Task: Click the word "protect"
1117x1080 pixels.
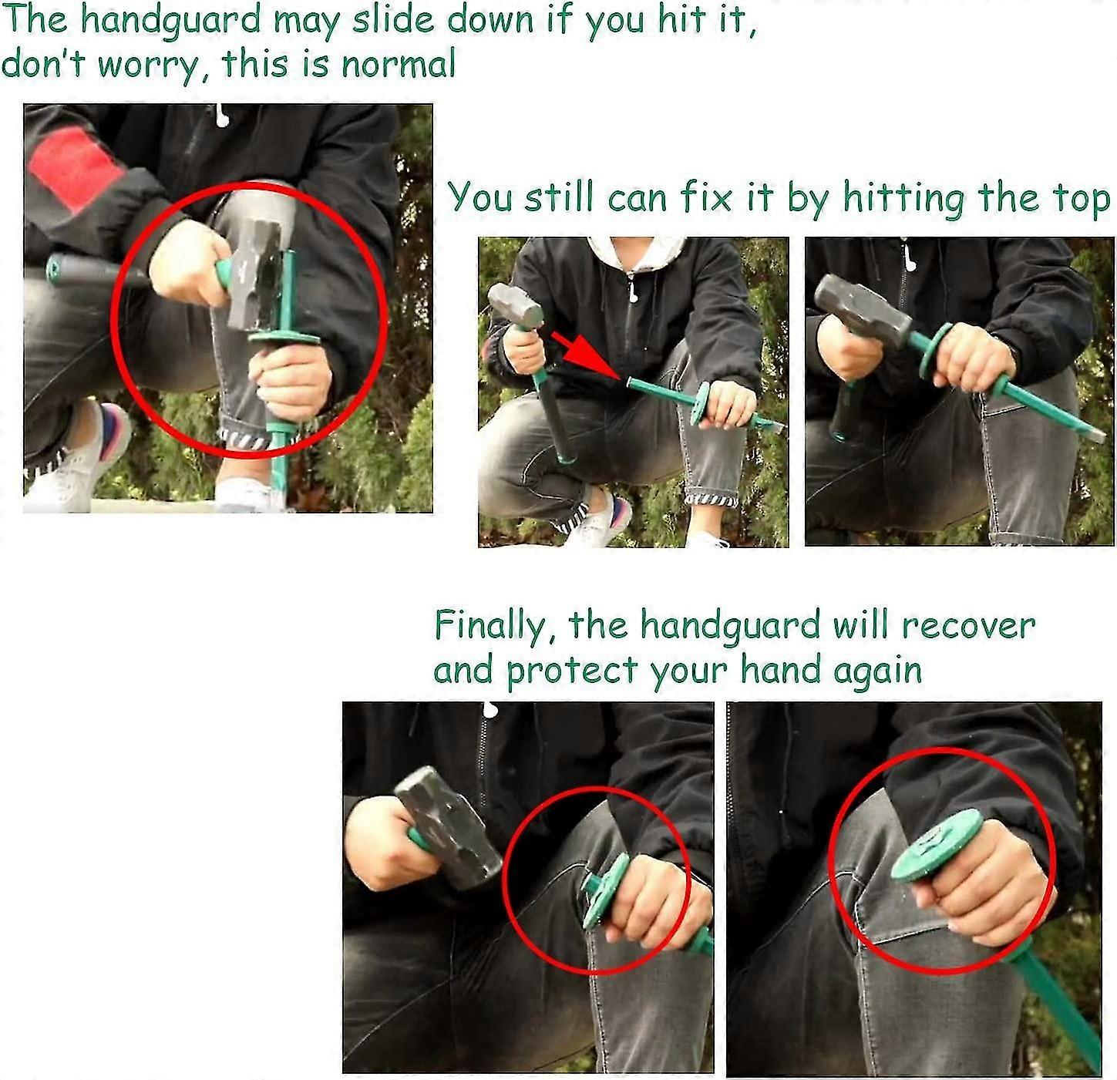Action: click(x=572, y=671)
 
